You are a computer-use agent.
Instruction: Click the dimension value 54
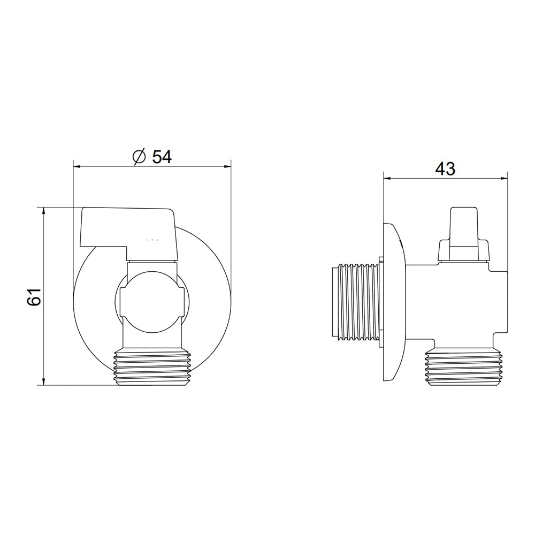[x=162, y=157]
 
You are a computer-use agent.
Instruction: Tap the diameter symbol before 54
[x=139, y=157]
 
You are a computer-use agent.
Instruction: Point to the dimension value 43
[x=445, y=169]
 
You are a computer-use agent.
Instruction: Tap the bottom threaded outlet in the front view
[x=152, y=367]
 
